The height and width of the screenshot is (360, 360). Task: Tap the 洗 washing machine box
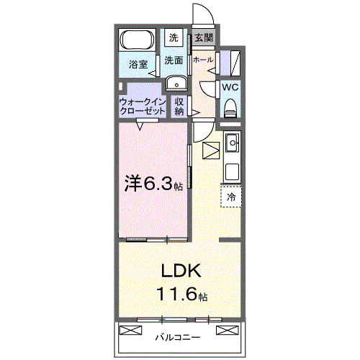pos(174,37)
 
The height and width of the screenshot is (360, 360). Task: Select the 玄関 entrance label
pos(202,37)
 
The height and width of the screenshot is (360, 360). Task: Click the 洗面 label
pos(174,60)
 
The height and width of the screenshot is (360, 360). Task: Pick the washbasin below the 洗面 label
pos(175,84)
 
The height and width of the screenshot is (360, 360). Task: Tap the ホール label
pos(202,60)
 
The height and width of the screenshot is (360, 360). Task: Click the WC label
pos(230,87)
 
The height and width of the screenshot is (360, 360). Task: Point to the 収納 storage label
pos(179,107)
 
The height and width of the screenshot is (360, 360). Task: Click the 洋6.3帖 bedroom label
pos(152,184)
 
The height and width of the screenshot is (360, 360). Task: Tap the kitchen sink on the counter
pos(232,145)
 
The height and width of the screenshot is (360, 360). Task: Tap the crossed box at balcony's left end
pos(130,330)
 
